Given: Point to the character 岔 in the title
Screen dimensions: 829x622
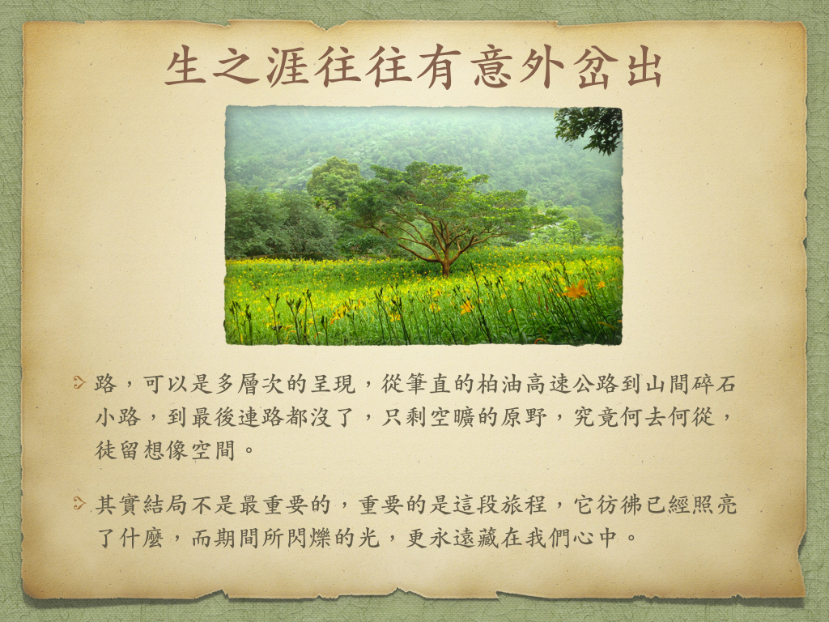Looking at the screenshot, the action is (x=593, y=66).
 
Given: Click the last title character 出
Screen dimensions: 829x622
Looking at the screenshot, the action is (x=644, y=66).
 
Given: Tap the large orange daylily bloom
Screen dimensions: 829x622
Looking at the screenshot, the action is (x=576, y=290).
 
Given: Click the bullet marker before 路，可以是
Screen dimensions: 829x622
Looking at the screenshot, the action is (x=79, y=382).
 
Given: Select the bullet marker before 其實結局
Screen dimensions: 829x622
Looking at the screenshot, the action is (x=79, y=503).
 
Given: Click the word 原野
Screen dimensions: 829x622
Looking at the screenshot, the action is (x=524, y=417).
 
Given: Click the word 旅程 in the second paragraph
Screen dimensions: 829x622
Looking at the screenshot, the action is (x=524, y=505).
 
